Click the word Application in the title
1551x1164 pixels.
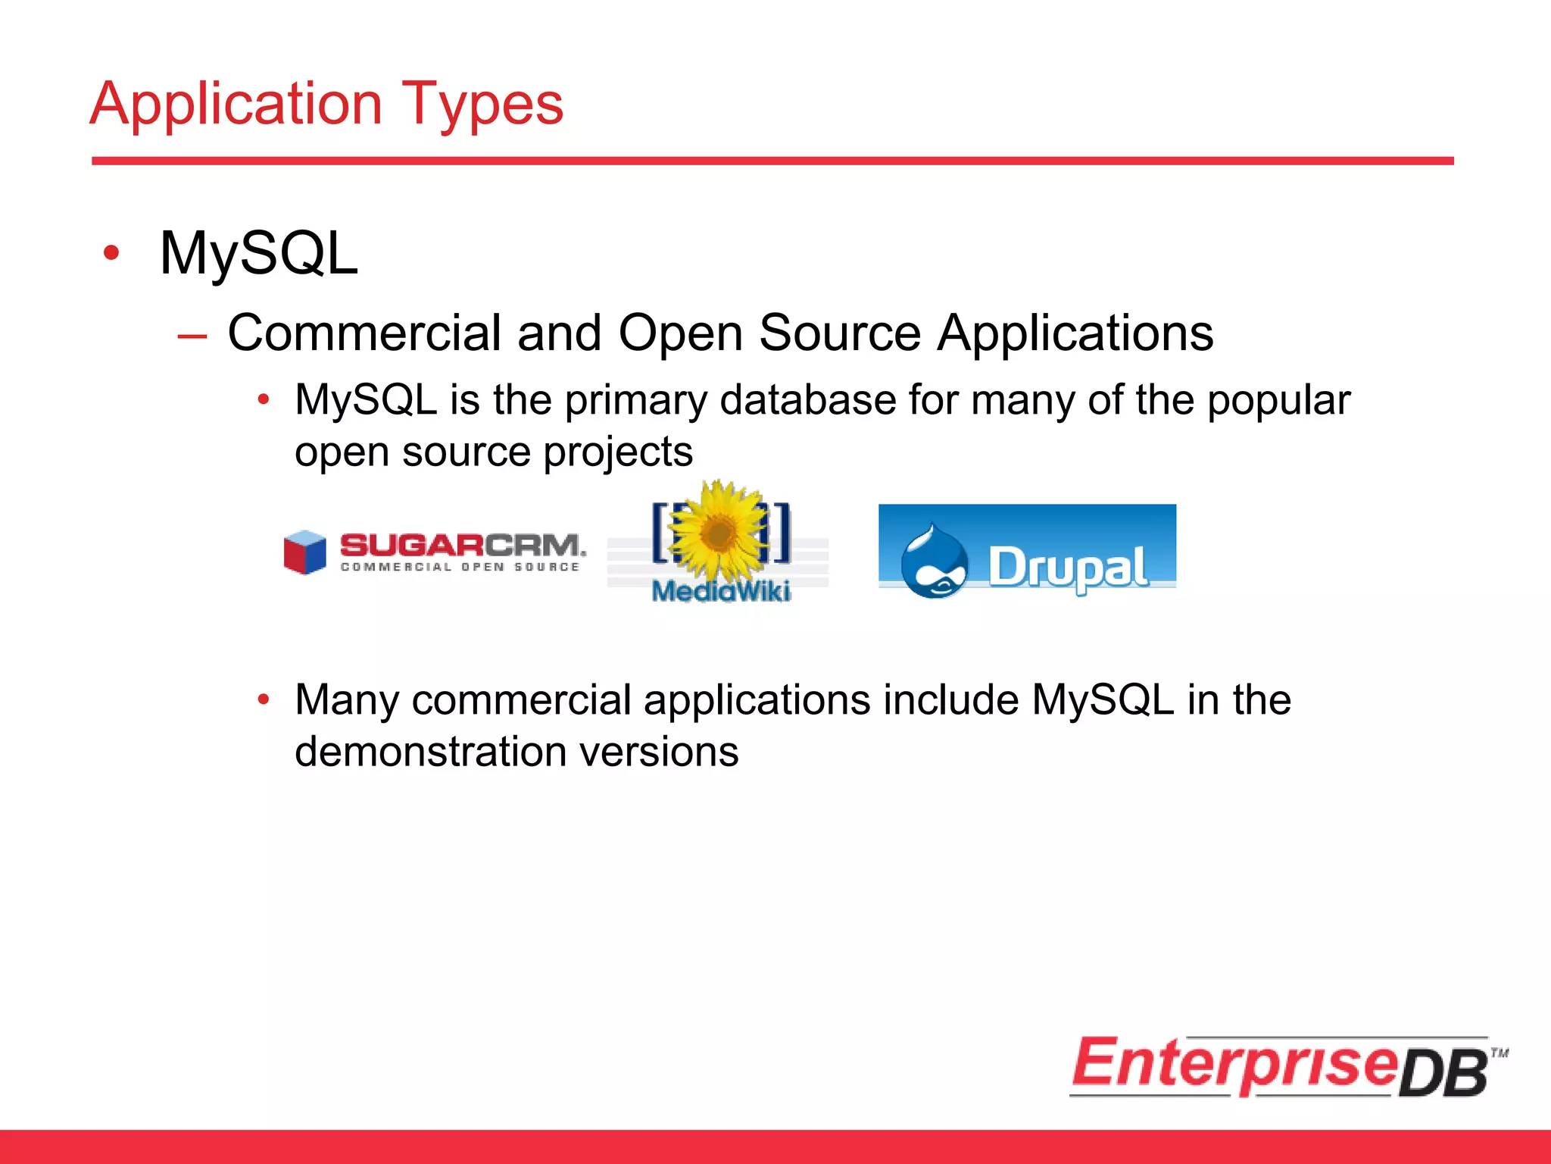(x=236, y=104)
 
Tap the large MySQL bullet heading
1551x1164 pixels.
(x=258, y=253)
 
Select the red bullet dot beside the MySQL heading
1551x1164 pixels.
(x=111, y=253)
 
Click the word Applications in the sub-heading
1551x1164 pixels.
(x=1075, y=333)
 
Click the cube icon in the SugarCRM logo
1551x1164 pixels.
(x=304, y=552)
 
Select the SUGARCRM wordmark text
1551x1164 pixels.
(x=462, y=545)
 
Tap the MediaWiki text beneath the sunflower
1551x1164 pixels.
(x=721, y=591)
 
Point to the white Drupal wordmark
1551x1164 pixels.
(x=1068, y=567)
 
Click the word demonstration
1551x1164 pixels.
(x=430, y=752)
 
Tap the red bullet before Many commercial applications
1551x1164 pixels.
(x=263, y=699)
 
